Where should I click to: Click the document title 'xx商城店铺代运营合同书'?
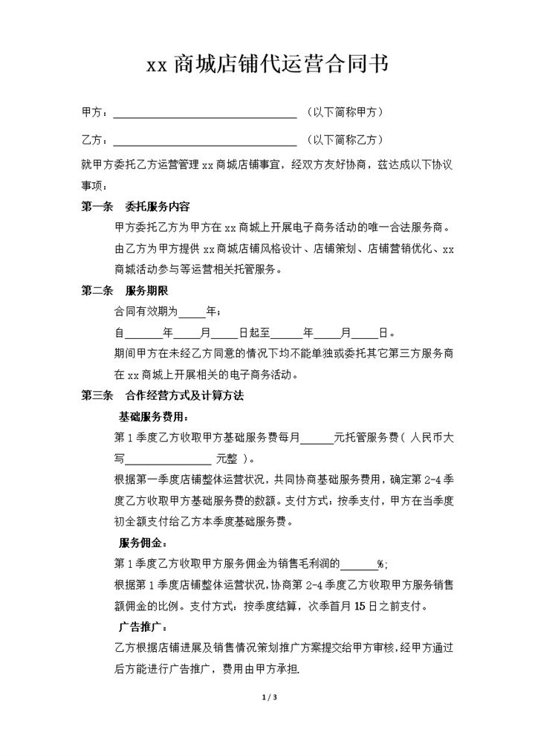click(x=267, y=65)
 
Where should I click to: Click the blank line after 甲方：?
click(x=204, y=114)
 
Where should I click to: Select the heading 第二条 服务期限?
click(x=125, y=291)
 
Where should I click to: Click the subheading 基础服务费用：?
click(x=154, y=416)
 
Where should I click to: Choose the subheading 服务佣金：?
click(x=143, y=540)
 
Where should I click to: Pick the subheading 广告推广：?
click(x=143, y=625)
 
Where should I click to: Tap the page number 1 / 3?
click(x=269, y=697)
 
